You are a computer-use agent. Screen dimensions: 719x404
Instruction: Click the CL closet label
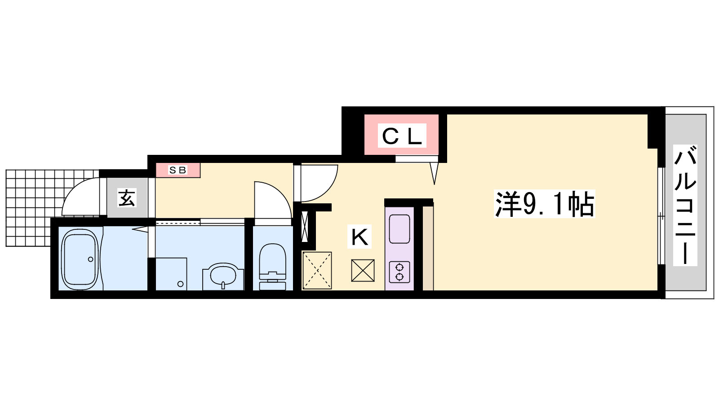pyautogui.click(x=402, y=136)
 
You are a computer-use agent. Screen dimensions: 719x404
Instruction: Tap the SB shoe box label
pyautogui.click(x=178, y=170)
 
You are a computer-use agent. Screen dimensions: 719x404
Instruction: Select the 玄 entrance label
pyautogui.click(x=127, y=198)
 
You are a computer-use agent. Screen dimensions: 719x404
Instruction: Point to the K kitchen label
pyautogui.click(x=359, y=237)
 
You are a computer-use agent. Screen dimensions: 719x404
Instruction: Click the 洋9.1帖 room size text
pyautogui.click(x=544, y=204)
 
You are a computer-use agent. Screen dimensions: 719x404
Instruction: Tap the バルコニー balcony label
pyautogui.click(x=685, y=205)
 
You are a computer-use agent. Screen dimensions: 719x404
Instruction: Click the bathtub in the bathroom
pyautogui.click(x=80, y=259)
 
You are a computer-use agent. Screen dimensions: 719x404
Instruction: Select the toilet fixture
pyautogui.click(x=272, y=267)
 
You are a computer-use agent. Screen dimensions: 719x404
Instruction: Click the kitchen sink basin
pyautogui.click(x=399, y=229)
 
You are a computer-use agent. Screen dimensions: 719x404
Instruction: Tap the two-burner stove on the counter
pyautogui.click(x=399, y=272)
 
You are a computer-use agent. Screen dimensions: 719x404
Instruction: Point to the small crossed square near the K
pyautogui.click(x=363, y=271)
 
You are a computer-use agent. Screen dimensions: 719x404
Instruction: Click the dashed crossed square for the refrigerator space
pyautogui.click(x=317, y=271)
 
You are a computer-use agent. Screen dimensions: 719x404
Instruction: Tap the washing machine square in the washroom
pyautogui.click(x=171, y=274)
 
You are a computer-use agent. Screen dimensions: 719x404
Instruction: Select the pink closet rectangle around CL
pyautogui.click(x=401, y=135)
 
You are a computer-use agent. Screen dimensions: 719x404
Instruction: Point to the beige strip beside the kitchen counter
pyautogui.click(x=428, y=246)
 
